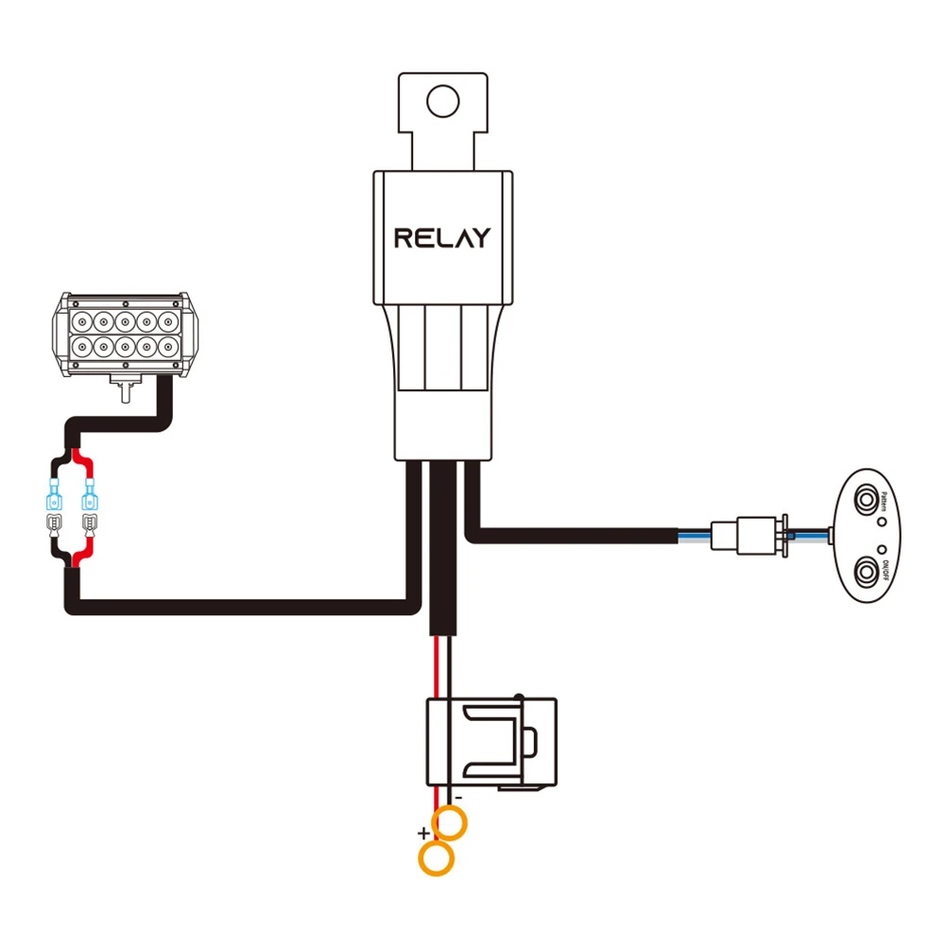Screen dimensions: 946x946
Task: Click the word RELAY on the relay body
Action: (442, 237)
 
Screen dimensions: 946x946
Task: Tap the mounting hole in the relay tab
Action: (441, 99)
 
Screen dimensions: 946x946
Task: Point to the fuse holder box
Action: (490, 742)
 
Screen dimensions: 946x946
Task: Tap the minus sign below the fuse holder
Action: (458, 798)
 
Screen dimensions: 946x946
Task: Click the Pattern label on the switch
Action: (883, 502)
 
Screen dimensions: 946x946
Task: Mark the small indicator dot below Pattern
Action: (880, 521)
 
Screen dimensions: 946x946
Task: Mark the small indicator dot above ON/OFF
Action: (880, 549)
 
